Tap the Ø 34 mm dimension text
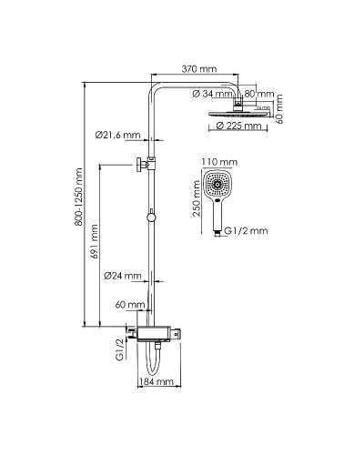coord(217,94)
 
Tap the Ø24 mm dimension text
coord(121,275)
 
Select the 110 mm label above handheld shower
coord(223,161)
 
